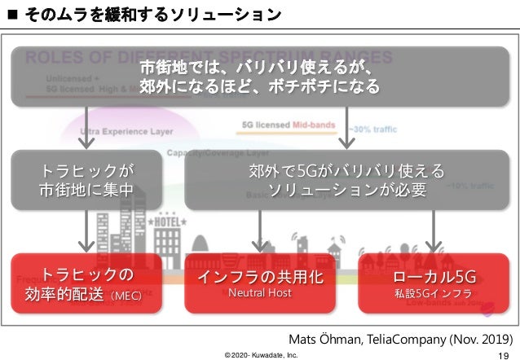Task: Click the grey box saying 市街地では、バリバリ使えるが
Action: click(x=260, y=76)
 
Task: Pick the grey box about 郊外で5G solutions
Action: click(x=347, y=180)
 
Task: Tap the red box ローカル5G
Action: click(x=434, y=283)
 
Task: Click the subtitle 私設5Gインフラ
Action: click(x=434, y=293)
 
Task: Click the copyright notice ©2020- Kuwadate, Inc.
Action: click(x=261, y=354)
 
